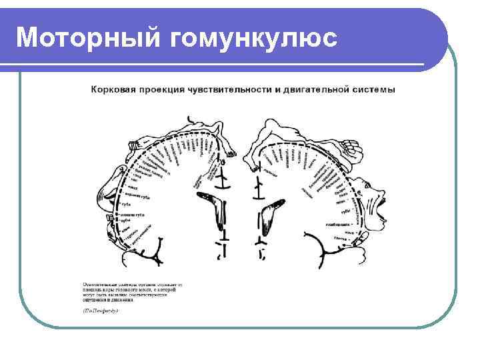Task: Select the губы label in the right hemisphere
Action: [345, 211]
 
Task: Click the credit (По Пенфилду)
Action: [100, 311]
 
